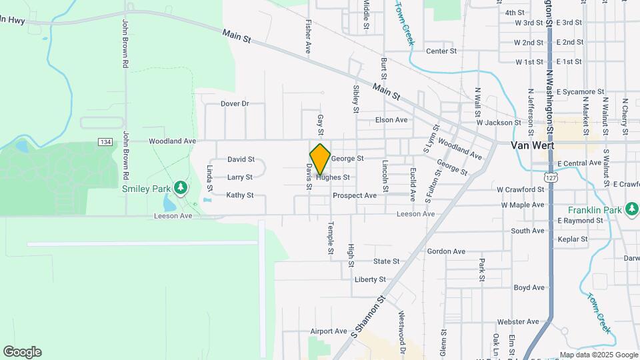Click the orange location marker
(x=320, y=159)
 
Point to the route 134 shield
(x=104, y=142)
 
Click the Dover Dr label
(x=235, y=104)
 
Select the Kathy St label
(x=240, y=195)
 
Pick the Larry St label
(x=240, y=177)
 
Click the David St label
(x=241, y=159)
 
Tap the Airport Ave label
(x=329, y=331)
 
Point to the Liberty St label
(x=371, y=279)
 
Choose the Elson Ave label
(x=391, y=120)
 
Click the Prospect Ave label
(x=355, y=195)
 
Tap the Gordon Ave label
(x=446, y=251)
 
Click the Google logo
(x=22, y=351)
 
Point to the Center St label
(x=441, y=51)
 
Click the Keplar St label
(x=573, y=239)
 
